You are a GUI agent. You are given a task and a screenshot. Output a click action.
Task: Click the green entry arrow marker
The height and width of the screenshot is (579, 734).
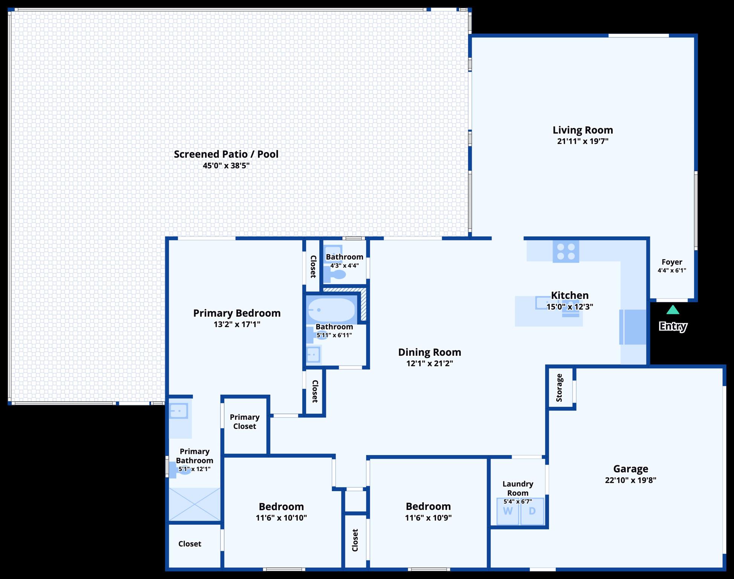(673, 310)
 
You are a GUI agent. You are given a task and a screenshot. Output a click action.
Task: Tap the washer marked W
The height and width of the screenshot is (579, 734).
(508, 511)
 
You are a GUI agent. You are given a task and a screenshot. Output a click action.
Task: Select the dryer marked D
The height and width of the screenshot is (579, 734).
(532, 511)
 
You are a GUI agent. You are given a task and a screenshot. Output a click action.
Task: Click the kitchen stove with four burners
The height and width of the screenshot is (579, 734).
(566, 251)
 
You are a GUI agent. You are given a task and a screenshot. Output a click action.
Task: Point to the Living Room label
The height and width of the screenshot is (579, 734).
(583, 130)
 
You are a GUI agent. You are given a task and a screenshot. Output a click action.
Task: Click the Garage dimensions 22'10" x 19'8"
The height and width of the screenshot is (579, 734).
(630, 480)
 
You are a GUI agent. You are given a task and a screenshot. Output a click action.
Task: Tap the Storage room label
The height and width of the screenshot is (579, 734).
(559, 388)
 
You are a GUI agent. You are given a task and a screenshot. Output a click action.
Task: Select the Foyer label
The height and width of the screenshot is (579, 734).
(672, 262)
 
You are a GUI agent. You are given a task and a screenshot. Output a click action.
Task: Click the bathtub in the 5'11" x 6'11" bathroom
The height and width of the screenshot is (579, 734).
(332, 310)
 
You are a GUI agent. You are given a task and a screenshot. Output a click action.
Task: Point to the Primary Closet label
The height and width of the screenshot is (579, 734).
(245, 421)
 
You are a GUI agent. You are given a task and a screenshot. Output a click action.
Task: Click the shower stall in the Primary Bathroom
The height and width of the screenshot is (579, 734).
(194, 504)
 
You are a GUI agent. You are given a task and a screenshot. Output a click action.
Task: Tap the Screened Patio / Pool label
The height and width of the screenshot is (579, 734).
(226, 154)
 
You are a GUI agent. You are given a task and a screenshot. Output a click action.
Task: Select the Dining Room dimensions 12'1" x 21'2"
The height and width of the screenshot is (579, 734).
(430, 363)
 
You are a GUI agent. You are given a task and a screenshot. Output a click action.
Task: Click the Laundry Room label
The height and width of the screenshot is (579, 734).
(518, 488)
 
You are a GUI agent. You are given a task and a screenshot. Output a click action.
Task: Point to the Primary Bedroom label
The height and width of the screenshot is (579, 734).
(237, 313)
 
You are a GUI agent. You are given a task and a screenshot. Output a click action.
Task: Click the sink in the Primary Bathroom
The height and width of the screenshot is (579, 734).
(179, 411)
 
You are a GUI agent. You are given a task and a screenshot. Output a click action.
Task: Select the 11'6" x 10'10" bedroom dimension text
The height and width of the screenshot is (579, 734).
(281, 518)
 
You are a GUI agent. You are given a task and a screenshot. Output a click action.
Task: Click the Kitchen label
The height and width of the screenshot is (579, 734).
(570, 295)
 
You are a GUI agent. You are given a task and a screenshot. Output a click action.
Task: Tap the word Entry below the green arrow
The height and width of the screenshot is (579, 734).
(673, 326)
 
